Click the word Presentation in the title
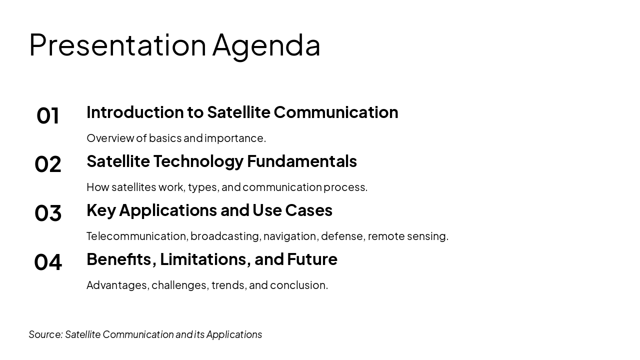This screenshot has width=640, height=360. point(117,45)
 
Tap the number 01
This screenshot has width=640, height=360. point(48,115)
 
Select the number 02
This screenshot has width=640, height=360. point(48,164)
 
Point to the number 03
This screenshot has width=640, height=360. point(48,213)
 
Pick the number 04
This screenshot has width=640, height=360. point(48,262)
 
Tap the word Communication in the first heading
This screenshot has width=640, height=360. point(335,112)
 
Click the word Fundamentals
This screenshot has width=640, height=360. point(301,161)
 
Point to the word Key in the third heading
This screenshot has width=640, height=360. point(101,210)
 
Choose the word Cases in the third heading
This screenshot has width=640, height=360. point(308,210)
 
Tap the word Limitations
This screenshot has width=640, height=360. point(205,259)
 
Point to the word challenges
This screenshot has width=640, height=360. point(179,285)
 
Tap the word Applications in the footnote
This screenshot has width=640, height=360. point(234,334)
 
